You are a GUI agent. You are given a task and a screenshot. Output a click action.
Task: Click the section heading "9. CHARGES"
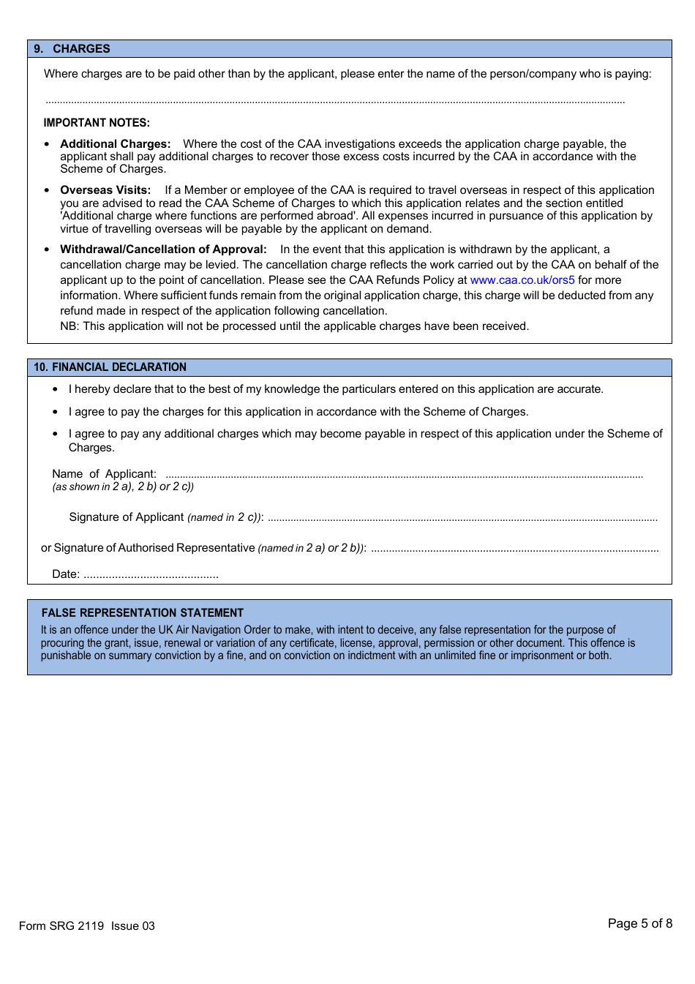pos(72,49)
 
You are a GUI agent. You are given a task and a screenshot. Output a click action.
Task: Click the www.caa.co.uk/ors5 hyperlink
pos(522,280)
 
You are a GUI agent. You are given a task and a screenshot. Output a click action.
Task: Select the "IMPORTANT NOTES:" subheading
pos(97,123)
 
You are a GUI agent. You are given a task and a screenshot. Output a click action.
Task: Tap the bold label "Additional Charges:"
pos(116,144)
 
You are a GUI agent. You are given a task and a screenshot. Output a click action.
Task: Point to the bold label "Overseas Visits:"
pos(105,190)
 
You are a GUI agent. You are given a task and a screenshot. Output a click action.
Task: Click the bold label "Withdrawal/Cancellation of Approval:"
pos(163,249)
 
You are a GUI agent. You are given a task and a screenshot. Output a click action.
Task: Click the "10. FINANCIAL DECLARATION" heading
pos(110,367)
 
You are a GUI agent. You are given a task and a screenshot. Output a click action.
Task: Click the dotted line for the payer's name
pos(335,102)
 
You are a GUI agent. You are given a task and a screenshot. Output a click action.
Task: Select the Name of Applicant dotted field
pos(404,476)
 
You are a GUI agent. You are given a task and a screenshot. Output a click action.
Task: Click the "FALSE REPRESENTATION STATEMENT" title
pos(143,613)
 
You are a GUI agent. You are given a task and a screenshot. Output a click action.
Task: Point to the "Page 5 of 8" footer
pos(640,924)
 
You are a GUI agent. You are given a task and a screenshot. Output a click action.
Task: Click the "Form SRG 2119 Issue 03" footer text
pos(87,926)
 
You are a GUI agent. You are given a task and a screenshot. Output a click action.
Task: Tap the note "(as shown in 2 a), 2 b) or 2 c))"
pos(123,487)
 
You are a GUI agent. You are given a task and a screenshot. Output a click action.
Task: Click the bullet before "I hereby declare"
pos(55,389)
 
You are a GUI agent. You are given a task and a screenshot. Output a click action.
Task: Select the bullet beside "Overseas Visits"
pos(47,190)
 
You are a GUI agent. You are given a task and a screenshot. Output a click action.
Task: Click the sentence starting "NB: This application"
pos(294,326)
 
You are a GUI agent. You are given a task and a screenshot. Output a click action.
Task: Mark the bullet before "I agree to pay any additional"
pos(55,434)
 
